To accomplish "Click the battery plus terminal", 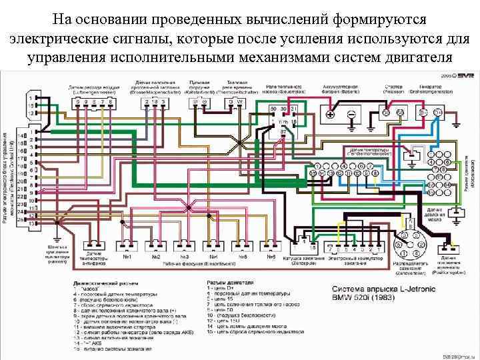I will [330, 114].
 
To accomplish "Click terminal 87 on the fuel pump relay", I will [283, 131].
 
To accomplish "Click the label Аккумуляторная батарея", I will [342, 89].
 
